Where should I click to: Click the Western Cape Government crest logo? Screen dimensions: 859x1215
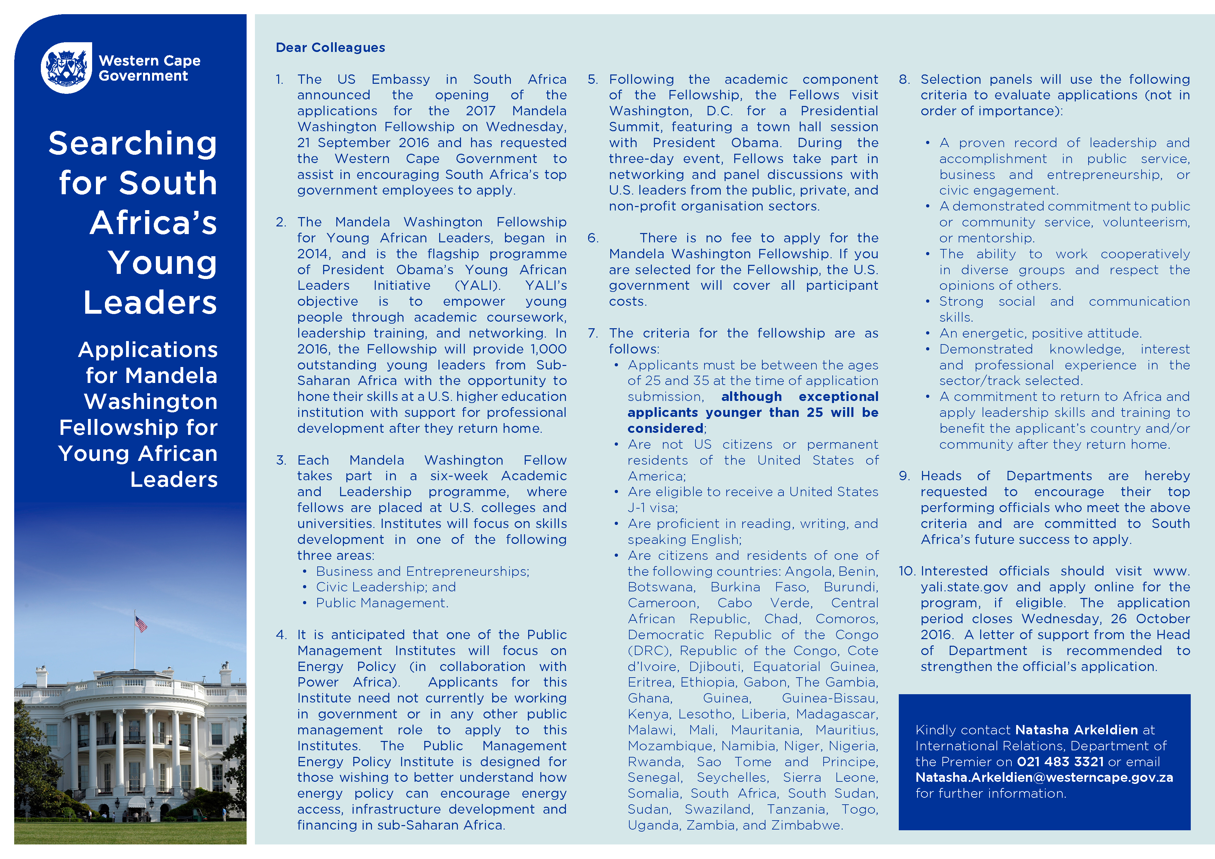(x=66, y=68)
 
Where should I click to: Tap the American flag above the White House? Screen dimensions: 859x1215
(x=141, y=624)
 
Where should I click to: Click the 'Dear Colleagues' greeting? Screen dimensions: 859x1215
(x=330, y=47)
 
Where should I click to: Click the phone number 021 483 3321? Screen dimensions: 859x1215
(x=1060, y=762)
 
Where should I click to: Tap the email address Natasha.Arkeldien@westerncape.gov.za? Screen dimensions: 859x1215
(x=1044, y=778)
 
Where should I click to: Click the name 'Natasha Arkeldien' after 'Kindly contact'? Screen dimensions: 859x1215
(x=1076, y=730)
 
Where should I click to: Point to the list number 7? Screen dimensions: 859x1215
(x=593, y=333)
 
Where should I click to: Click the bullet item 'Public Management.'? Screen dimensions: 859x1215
(x=382, y=603)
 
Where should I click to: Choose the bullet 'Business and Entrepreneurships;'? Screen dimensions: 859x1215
(x=422, y=571)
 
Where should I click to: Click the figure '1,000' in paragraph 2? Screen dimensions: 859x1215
(x=549, y=349)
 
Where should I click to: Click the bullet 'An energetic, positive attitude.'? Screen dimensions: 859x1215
(x=1040, y=333)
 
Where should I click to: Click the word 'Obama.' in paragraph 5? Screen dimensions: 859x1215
(x=756, y=143)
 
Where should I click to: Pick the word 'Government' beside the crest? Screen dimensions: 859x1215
(x=143, y=76)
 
